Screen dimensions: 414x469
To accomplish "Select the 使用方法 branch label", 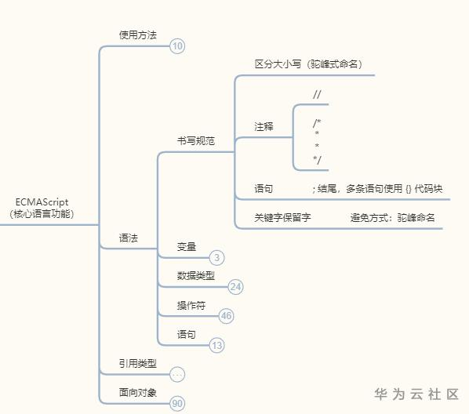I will (x=137, y=35).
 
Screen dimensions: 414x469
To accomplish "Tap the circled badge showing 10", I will (x=178, y=46).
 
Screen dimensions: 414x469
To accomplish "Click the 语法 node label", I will (x=128, y=237).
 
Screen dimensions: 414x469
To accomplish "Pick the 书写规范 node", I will (x=195, y=141).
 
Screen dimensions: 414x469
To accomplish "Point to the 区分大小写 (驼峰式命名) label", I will (x=311, y=63).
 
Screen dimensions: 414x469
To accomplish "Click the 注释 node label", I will (x=264, y=126).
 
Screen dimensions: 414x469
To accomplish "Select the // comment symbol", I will (x=317, y=95).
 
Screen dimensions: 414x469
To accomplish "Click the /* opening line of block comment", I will (x=317, y=122).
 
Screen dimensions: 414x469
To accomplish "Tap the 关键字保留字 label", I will (x=282, y=217).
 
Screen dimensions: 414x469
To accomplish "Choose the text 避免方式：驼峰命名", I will (x=392, y=217).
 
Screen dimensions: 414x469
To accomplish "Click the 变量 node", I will (x=187, y=246).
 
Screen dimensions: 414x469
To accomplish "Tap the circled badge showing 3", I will (x=217, y=257).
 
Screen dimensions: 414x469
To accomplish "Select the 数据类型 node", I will (x=195, y=276).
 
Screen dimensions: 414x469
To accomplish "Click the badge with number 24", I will (x=235, y=287).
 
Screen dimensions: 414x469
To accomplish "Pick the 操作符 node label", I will (x=191, y=305).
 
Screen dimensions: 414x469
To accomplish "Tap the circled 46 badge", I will (x=227, y=316).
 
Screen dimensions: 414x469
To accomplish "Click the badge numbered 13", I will (x=217, y=345).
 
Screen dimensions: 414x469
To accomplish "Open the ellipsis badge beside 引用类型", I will (x=178, y=374).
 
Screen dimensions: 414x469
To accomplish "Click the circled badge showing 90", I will (x=178, y=403).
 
